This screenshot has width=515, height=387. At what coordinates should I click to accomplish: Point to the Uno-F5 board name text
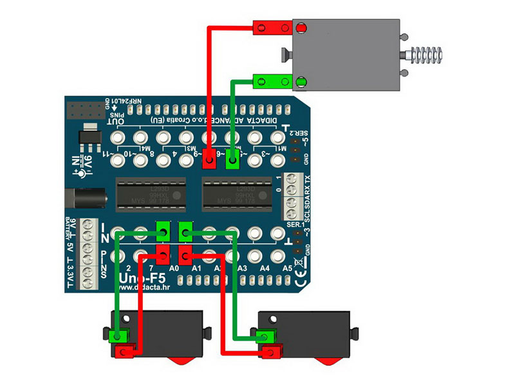(x=143, y=279)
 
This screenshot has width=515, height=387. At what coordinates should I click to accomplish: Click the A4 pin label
(x=265, y=268)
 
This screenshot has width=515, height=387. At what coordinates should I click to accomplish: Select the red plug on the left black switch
(x=124, y=351)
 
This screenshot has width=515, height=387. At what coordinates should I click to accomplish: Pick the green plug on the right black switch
(x=264, y=336)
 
